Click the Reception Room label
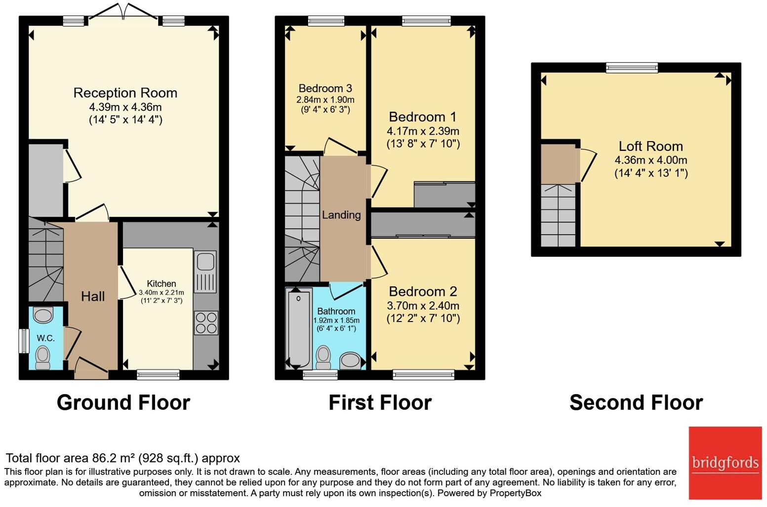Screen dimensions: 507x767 click(125, 93)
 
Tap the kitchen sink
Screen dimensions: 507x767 click(205, 272)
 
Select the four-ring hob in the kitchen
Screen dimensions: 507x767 click(206, 323)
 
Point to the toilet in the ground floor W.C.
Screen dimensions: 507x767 click(43, 357)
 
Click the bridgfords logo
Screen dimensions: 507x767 click(725, 463)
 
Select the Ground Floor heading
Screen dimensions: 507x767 click(123, 402)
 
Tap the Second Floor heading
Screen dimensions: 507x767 click(636, 402)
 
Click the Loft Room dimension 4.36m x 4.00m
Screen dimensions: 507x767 click(650, 160)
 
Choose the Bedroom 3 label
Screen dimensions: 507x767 click(325, 88)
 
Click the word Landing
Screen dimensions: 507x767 click(341, 215)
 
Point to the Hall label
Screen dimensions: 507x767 click(93, 296)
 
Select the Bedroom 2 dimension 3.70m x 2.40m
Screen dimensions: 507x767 click(423, 306)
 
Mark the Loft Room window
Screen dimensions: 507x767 click(632, 68)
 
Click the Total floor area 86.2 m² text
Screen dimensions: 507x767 click(122, 458)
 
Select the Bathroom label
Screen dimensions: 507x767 click(336, 311)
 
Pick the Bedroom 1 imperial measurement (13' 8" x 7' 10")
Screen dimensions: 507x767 click(423, 144)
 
